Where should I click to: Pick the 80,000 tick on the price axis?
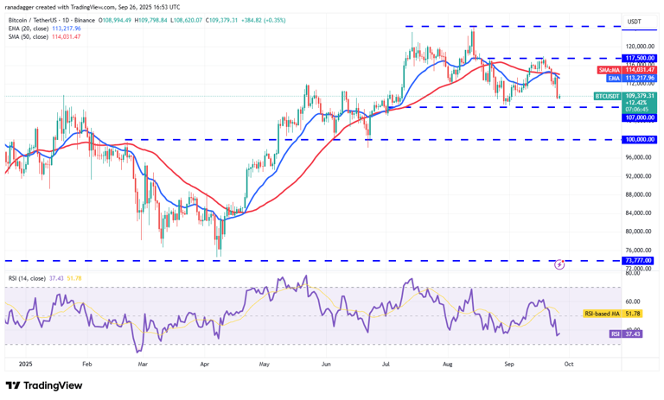coord(638,232)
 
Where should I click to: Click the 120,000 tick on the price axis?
coord(638,47)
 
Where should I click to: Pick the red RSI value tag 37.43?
coord(624,333)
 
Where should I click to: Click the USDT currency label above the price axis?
coord(635,22)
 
